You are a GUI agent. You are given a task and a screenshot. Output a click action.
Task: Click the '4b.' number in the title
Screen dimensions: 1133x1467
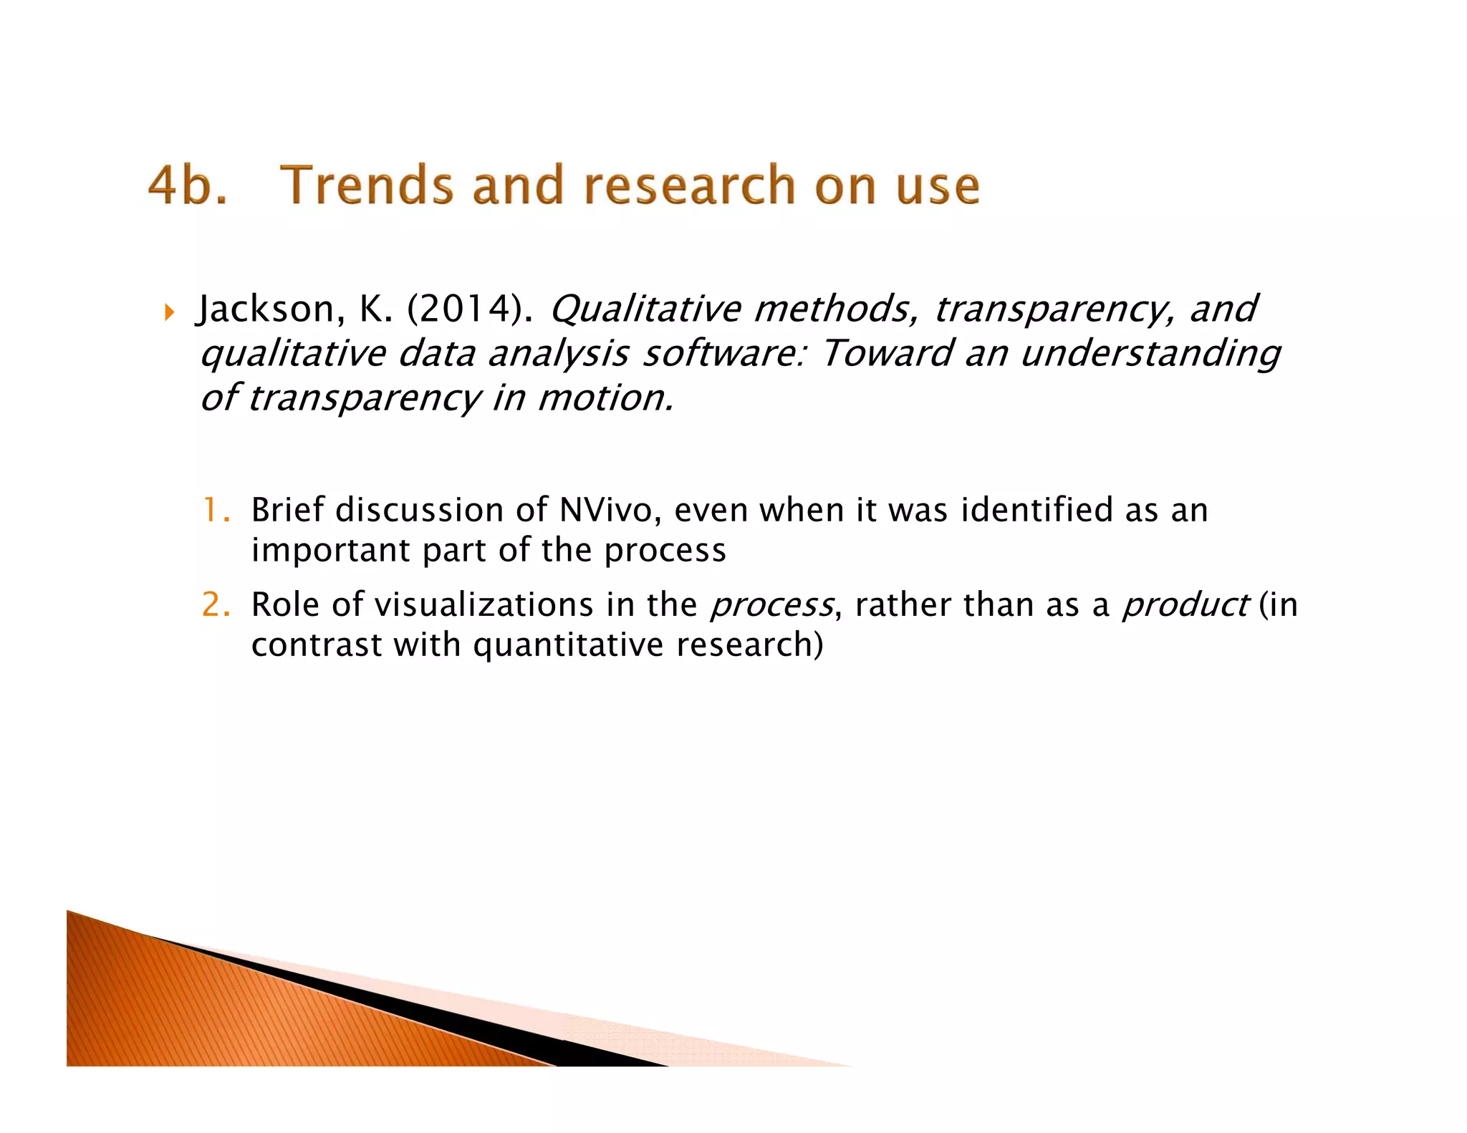[x=187, y=185]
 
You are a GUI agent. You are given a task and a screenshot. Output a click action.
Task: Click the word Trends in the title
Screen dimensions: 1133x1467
[x=366, y=185]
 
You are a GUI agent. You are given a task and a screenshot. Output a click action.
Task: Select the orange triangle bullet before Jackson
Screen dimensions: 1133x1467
[x=169, y=312]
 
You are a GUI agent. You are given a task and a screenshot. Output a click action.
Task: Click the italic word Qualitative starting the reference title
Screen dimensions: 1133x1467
[x=645, y=309]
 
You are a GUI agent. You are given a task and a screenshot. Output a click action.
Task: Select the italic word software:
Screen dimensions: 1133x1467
[x=723, y=354]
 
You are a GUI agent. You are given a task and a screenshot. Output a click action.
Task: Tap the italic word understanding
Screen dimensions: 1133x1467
[x=1149, y=354]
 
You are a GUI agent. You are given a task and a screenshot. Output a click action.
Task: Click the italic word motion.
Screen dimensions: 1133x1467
[x=605, y=398]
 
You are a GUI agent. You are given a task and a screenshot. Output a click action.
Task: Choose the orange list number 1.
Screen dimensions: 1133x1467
[x=214, y=511]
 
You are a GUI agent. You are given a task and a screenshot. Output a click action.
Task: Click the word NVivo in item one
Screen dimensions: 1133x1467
[x=605, y=511]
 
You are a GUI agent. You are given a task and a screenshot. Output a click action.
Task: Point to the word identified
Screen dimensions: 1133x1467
[x=1036, y=511]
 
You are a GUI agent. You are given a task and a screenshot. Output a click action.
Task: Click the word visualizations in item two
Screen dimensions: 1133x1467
[x=484, y=605]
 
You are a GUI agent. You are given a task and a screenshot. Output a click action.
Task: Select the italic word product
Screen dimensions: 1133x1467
[x=1185, y=605]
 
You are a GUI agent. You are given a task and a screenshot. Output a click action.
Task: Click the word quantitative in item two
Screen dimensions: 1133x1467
[x=568, y=645]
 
